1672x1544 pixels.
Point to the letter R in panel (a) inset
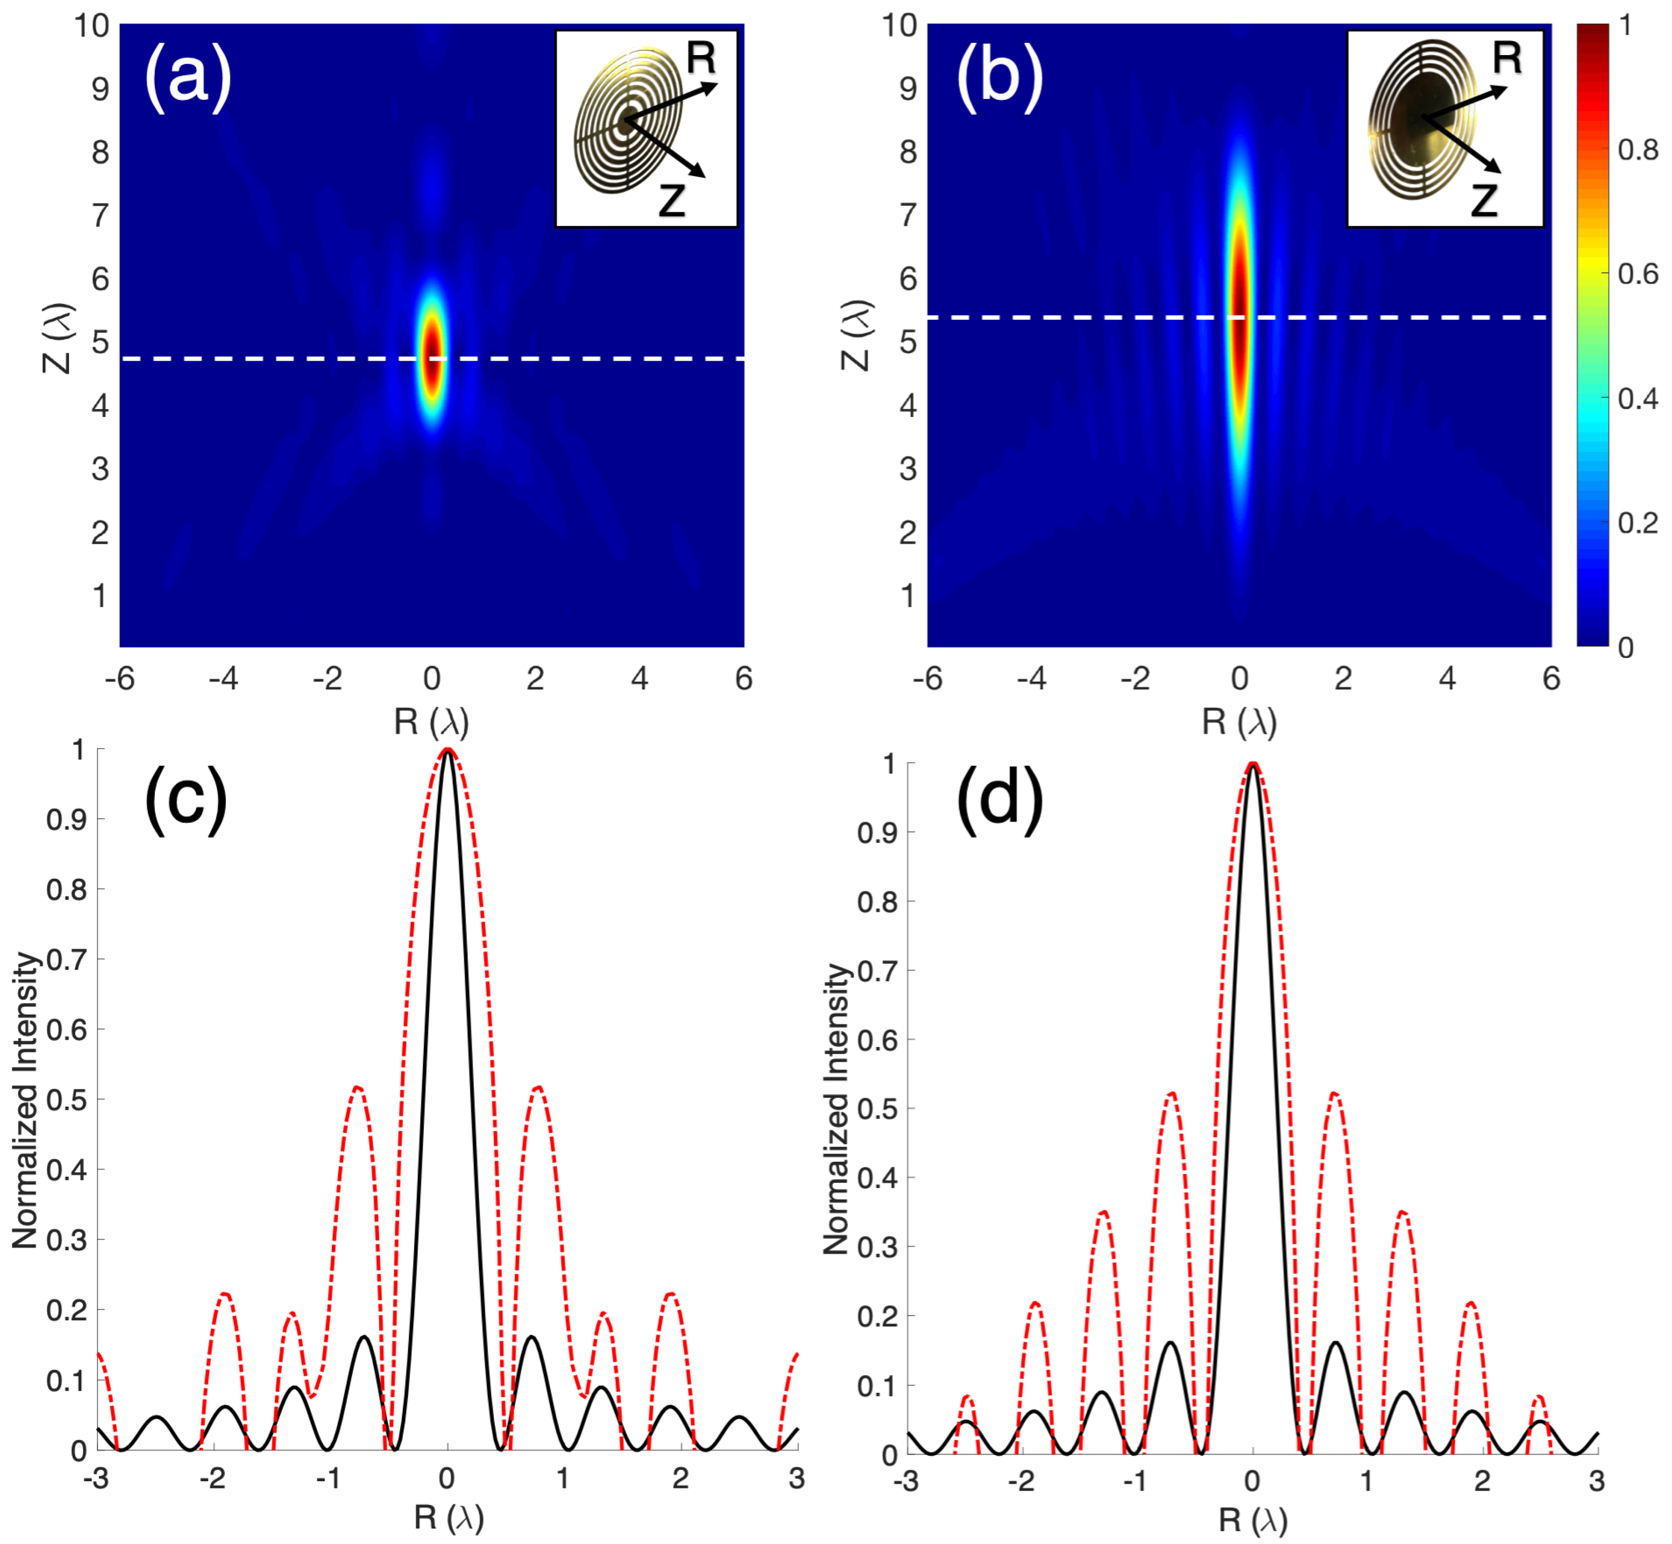pyautogui.click(x=700, y=59)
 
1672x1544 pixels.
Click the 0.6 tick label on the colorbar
pyautogui.click(x=1638, y=274)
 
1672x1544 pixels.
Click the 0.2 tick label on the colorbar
pyautogui.click(x=1638, y=523)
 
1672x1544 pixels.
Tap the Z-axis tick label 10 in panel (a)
pyautogui.click(x=92, y=25)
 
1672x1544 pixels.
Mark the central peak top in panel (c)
pyautogui.click(x=448, y=752)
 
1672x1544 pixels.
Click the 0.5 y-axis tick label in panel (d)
pyautogui.click(x=877, y=1109)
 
